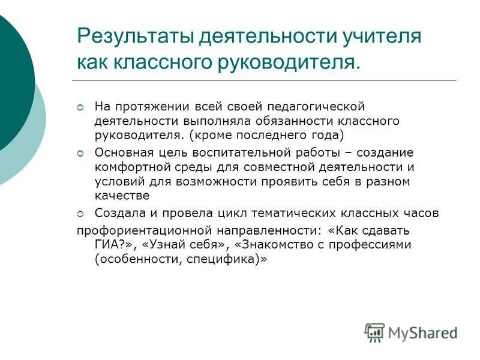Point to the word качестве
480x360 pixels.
pyautogui.click(x=122, y=196)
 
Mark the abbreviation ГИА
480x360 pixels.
pyautogui.click(x=106, y=245)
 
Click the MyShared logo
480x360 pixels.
pyautogui.click(x=410, y=332)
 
